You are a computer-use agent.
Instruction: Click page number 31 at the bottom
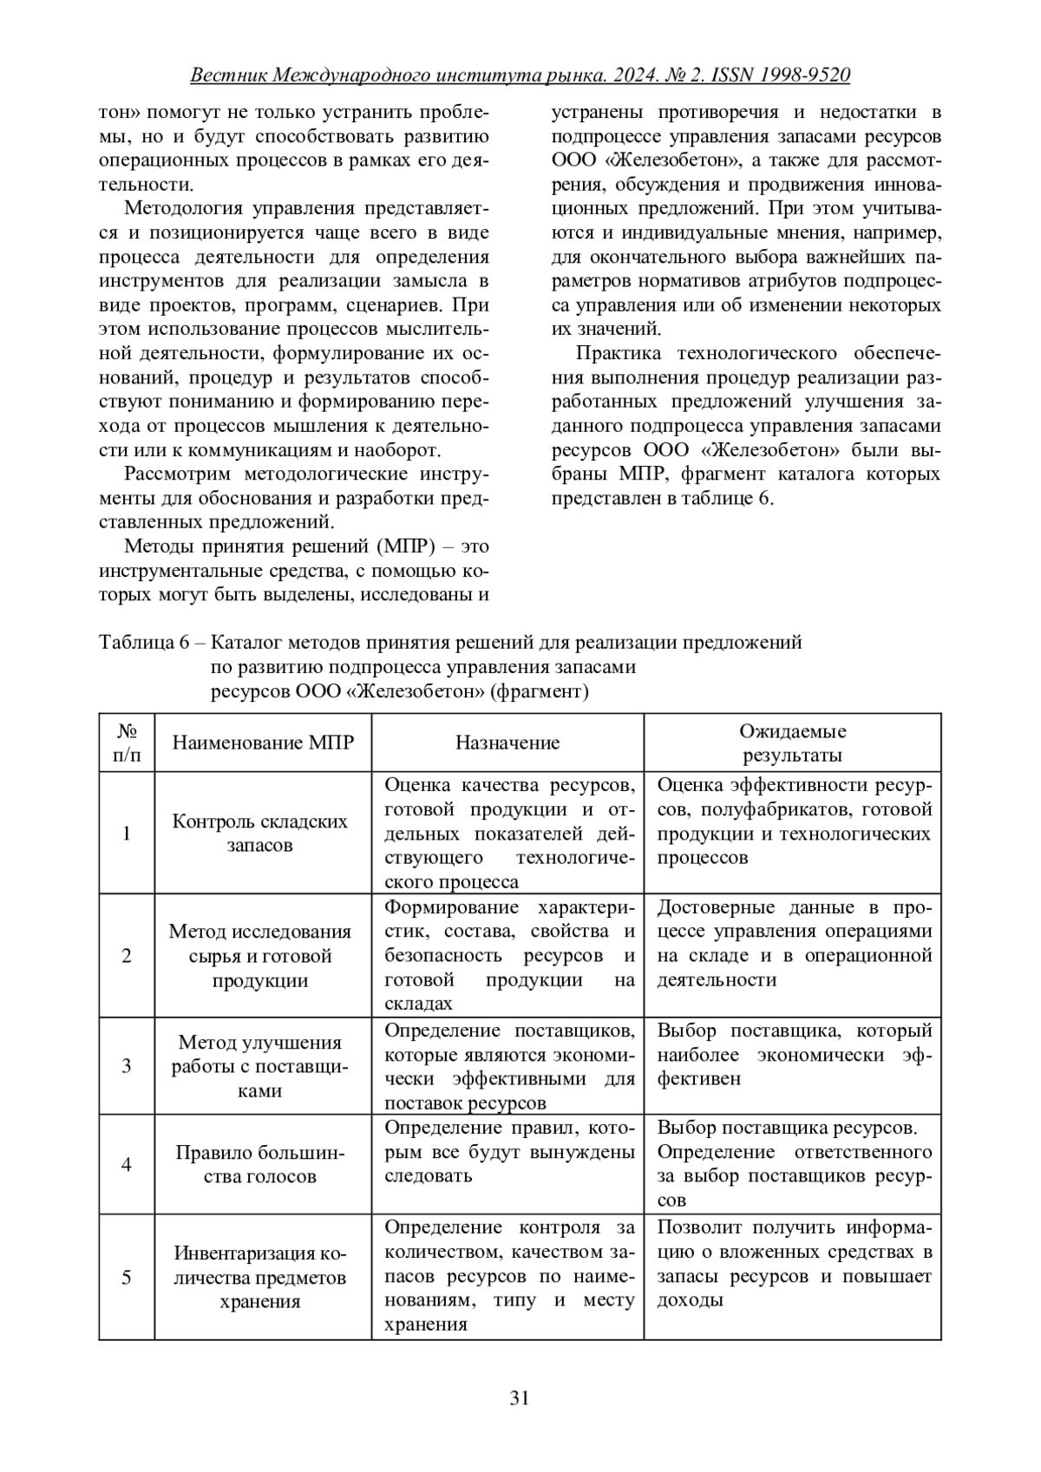[520, 1397]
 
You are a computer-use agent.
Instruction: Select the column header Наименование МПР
[263, 743]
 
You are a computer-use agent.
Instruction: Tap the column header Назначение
[507, 743]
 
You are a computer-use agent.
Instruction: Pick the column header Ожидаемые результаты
[792, 743]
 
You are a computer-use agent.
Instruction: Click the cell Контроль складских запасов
[259, 833]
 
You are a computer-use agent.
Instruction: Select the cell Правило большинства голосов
[259, 1164]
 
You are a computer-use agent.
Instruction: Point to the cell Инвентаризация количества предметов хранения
[259, 1277]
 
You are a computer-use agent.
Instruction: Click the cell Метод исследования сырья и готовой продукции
[259, 956]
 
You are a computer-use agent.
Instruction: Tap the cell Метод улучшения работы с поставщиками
[259, 1066]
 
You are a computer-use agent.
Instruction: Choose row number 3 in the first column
[127, 1066]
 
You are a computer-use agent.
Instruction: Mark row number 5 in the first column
[127, 1277]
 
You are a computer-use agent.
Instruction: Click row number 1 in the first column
[127, 834]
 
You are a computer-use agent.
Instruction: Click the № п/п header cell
[127, 743]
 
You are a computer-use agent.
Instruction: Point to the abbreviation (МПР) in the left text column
[420, 546]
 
